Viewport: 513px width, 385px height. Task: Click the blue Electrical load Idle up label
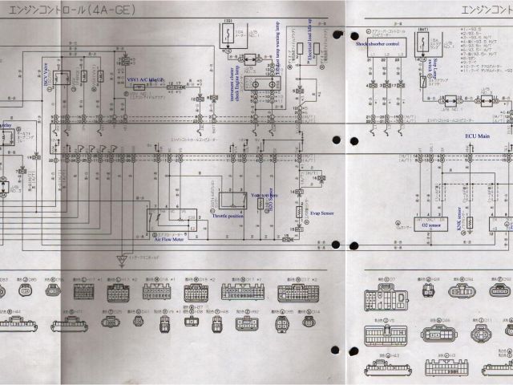coord(308,47)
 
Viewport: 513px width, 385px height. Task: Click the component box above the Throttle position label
coord(232,200)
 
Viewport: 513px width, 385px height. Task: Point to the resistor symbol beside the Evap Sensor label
coord(300,212)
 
